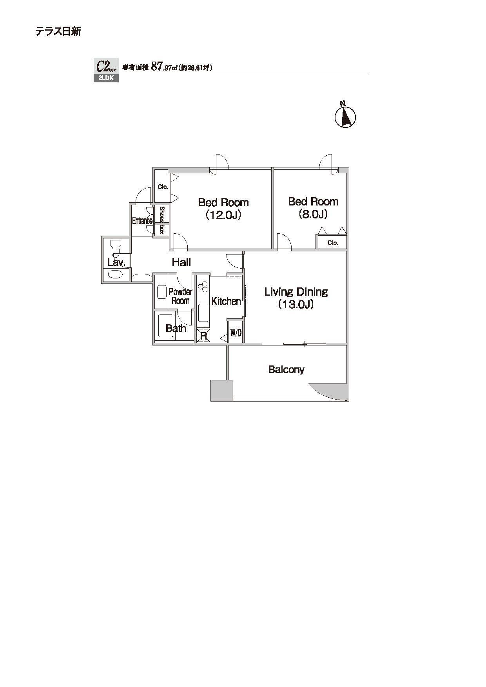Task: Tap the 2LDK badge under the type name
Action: (x=106, y=78)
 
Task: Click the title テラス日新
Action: (x=58, y=31)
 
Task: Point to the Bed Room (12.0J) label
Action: (x=223, y=209)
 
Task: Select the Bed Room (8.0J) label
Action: (x=313, y=207)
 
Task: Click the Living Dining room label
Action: (x=296, y=298)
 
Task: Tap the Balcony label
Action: (x=286, y=369)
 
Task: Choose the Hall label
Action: (x=181, y=262)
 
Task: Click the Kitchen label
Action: (x=226, y=301)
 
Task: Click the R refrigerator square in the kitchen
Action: (x=203, y=336)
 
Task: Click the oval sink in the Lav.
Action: (x=115, y=273)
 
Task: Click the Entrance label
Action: (x=142, y=221)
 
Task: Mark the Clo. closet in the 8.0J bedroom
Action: (x=332, y=242)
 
